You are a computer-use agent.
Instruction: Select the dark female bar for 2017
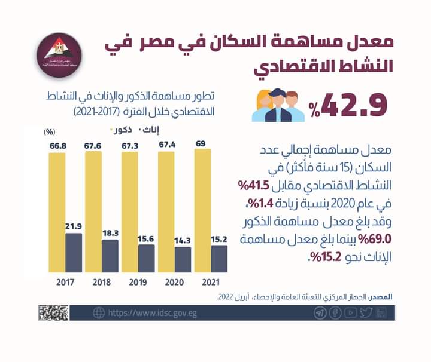(x=73, y=252)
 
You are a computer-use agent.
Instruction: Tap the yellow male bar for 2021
(x=202, y=210)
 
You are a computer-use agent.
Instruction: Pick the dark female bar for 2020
(x=183, y=259)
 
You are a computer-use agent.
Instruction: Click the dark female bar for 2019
(x=146, y=257)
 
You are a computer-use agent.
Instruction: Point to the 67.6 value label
(x=93, y=144)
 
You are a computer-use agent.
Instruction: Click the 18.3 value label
(x=110, y=232)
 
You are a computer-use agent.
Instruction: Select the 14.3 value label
(x=183, y=240)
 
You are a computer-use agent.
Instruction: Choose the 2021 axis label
(x=211, y=283)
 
